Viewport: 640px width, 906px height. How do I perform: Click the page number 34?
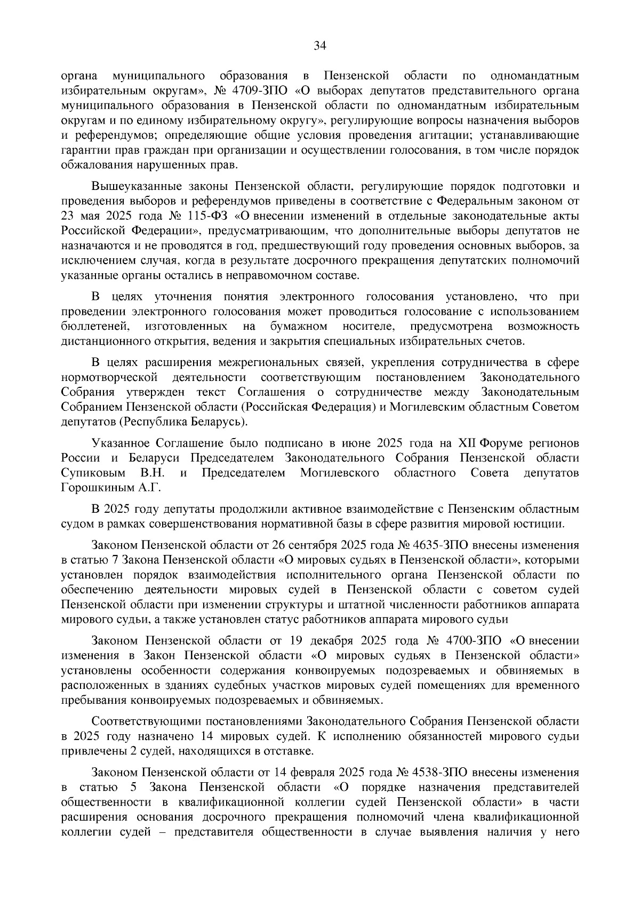(x=319, y=46)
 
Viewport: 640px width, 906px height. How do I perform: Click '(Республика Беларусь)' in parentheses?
(x=182, y=422)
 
